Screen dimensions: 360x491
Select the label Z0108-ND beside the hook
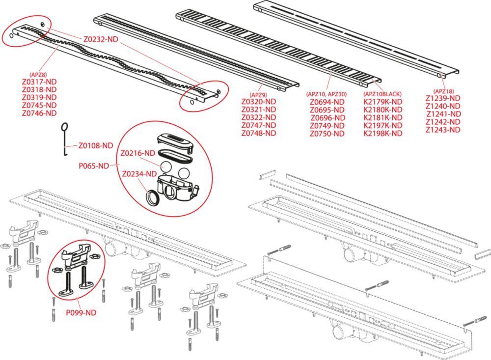coord(96,145)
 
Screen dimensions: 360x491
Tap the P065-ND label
coord(93,166)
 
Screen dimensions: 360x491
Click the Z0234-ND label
coord(139,173)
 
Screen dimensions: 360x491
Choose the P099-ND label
coord(81,312)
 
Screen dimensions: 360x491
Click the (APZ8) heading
coord(39,75)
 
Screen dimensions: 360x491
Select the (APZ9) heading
coord(258,94)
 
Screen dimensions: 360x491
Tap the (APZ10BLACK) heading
coord(382,94)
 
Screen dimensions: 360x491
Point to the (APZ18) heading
coord(443,91)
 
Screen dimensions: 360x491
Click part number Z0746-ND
coord(39,113)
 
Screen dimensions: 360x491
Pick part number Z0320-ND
coord(259,102)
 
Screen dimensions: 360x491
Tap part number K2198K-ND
coord(382,134)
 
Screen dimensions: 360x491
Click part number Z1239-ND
coord(443,98)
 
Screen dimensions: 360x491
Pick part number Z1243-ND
coord(443,130)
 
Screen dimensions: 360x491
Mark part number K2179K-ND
coord(382,102)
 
